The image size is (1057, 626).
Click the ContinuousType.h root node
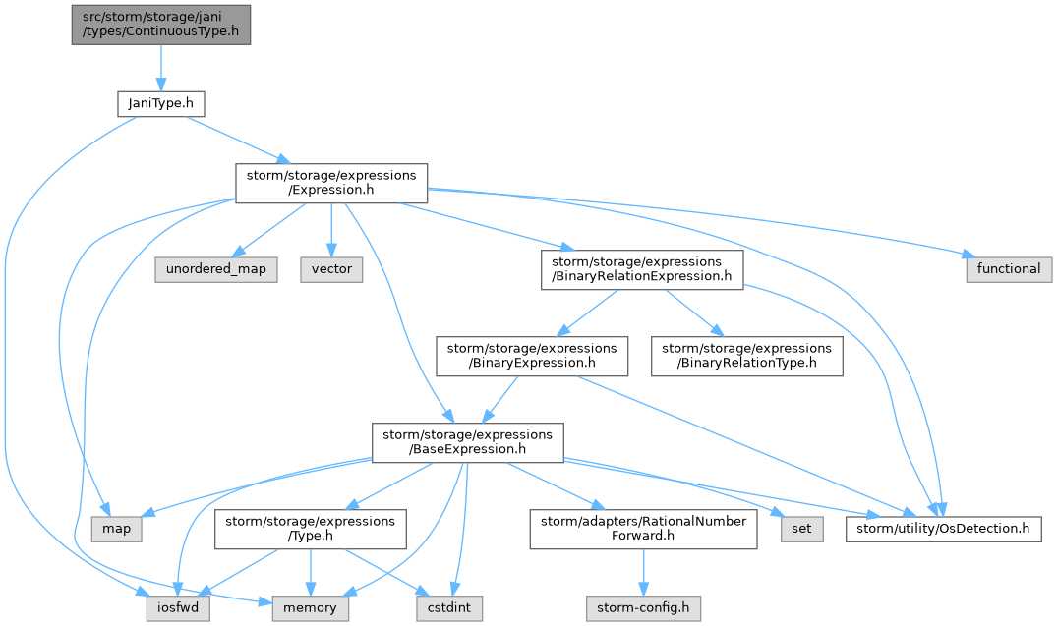(x=161, y=25)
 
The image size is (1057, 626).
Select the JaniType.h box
(x=161, y=104)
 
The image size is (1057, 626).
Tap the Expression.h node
(x=331, y=183)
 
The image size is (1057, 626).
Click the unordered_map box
(x=216, y=269)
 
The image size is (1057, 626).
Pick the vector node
(x=331, y=269)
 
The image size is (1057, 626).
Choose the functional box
(x=1009, y=269)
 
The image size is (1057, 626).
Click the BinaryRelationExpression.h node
(x=642, y=269)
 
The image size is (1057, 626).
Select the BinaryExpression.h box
(x=532, y=356)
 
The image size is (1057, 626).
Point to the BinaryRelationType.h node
(x=747, y=356)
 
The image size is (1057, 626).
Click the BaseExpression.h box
(x=468, y=442)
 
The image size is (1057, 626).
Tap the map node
(x=117, y=529)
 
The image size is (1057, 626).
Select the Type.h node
(x=310, y=529)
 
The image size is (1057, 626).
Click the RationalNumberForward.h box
(x=643, y=529)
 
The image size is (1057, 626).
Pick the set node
(x=801, y=529)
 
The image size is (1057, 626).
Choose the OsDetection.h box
(x=943, y=529)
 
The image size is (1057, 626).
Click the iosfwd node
(x=178, y=608)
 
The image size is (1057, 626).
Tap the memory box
(x=310, y=608)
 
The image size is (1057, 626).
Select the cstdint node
(x=449, y=608)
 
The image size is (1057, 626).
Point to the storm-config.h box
(x=643, y=608)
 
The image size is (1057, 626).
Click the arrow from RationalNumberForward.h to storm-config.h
(x=643, y=572)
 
